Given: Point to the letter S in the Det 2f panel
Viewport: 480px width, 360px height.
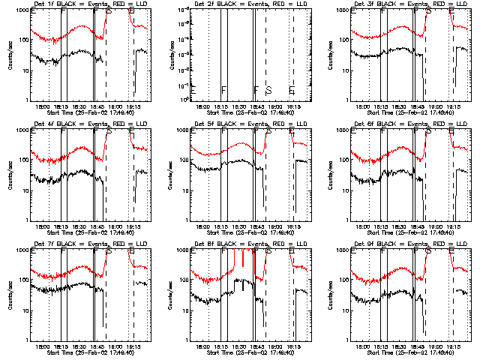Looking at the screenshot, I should click(268, 90).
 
